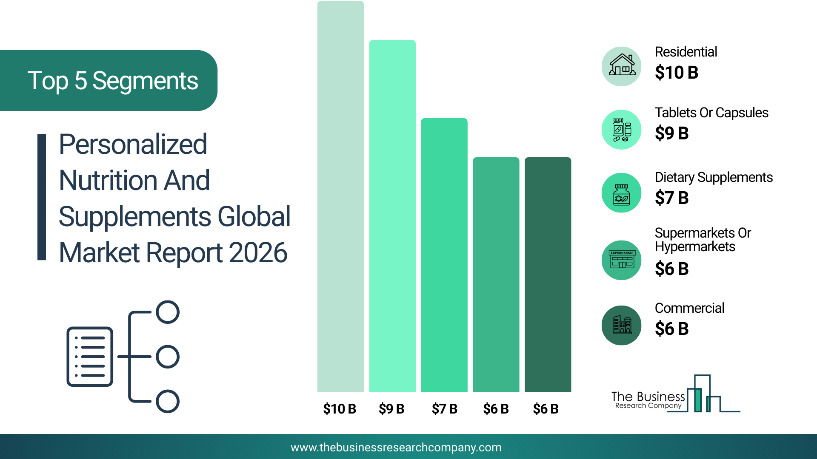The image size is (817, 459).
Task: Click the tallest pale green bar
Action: click(x=340, y=196)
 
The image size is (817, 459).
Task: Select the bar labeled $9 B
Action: click(x=392, y=216)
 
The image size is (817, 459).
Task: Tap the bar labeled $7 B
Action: click(x=444, y=255)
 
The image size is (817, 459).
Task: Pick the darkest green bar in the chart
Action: click(x=548, y=275)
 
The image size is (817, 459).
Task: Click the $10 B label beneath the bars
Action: click(x=340, y=409)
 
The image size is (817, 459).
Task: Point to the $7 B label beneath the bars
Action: click(x=444, y=409)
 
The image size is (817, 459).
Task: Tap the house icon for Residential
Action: click(x=622, y=66)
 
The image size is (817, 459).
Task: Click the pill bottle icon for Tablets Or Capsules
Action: click(x=622, y=130)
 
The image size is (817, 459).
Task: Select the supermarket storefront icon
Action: click(x=622, y=260)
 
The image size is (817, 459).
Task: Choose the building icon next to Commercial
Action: click(x=622, y=325)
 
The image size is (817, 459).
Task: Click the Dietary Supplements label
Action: click(x=714, y=178)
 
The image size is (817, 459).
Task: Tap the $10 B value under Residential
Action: click(x=677, y=73)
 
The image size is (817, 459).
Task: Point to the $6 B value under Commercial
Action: click(x=671, y=329)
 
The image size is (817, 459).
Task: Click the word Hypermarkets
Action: click(x=695, y=247)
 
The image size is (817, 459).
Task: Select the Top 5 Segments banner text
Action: click(x=113, y=81)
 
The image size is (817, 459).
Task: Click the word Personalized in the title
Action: click(x=133, y=144)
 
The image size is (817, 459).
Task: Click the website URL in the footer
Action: click(x=396, y=448)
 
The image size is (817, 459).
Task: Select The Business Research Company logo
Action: click(x=676, y=394)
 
